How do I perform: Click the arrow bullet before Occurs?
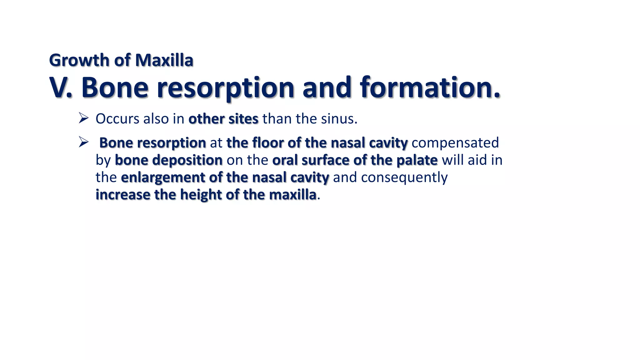point(83,118)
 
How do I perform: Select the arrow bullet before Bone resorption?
point(83,142)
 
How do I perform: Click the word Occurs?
point(117,119)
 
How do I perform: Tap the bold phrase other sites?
point(223,119)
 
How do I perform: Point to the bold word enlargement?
point(163,177)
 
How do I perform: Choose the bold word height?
point(201,195)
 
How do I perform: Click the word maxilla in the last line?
point(292,195)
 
